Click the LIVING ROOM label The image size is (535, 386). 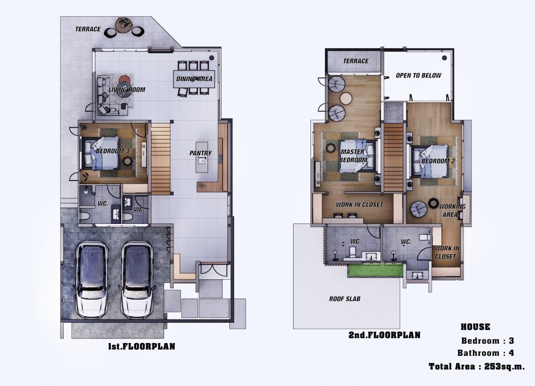click(126, 90)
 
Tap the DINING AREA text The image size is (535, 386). click(194, 79)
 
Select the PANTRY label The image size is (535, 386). click(201, 153)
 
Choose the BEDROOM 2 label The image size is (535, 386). click(438, 161)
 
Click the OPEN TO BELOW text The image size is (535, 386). click(418, 75)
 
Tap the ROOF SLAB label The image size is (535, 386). click(345, 299)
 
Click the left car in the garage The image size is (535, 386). click(92, 280)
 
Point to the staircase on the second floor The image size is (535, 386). click(394, 157)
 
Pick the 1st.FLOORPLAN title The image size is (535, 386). click(142, 346)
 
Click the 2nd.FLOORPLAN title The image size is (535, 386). click(384, 335)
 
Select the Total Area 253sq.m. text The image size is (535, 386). click(476, 367)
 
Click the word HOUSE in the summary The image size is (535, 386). click(475, 327)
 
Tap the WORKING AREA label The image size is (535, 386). click(452, 210)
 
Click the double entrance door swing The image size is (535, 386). click(213, 269)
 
